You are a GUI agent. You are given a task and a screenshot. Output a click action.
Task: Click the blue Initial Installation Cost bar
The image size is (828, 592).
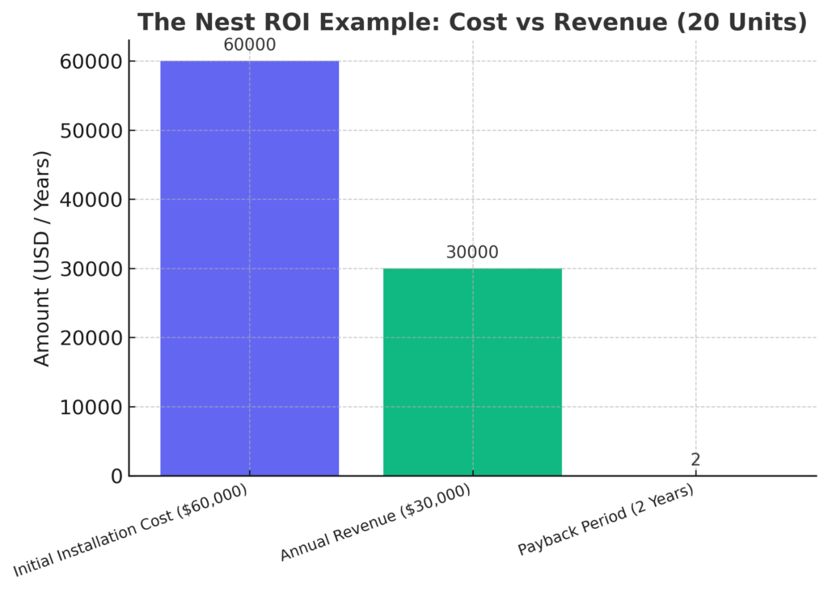click(x=249, y=267)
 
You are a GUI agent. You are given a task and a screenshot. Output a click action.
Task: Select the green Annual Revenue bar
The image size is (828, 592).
click(x=472, y=372)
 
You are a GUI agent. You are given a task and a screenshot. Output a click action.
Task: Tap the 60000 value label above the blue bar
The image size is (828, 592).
click(x=249, y=45)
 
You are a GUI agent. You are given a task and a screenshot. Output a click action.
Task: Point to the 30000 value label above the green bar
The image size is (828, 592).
click(x=472, y=252)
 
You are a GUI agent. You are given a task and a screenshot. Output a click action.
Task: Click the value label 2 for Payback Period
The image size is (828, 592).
click(x=695, y=460)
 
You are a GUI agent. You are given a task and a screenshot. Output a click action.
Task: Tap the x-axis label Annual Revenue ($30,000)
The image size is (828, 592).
click(x=375, y=522)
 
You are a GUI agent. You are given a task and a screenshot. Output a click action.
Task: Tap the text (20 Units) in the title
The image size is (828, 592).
click(x=740, y=23)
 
